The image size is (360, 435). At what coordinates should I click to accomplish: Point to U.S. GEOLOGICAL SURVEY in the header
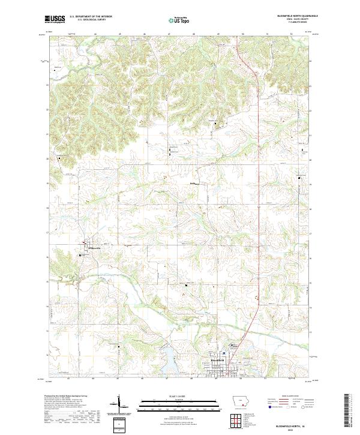pyautogui.click(x=88, y=20)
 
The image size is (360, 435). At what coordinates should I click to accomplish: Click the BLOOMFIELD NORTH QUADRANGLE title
pyautogui.click(x=289, y=16)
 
